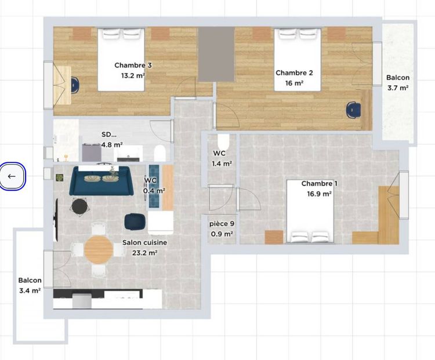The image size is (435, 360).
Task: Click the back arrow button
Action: click(12, 176)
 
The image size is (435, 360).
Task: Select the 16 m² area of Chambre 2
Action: click(294, 83)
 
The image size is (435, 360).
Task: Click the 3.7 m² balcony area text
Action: click(398, 88)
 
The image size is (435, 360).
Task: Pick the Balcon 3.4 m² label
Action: click(29, 285)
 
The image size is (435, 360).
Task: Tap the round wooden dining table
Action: click(99, 249)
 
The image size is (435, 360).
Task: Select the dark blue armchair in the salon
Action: click(135, 221)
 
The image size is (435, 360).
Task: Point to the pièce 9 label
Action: click(222, 223)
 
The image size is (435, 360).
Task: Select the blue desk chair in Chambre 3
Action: click(76, 85)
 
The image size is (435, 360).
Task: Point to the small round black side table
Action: click(79, 205)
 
